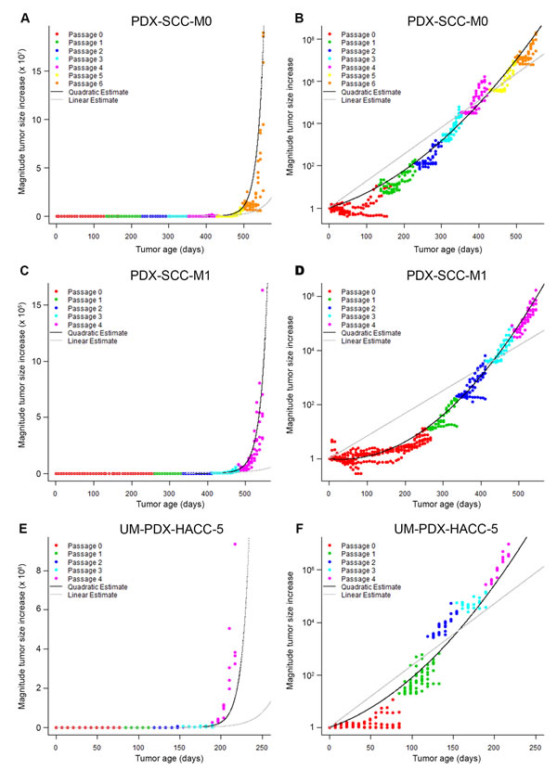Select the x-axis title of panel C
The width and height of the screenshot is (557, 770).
pos(158,502)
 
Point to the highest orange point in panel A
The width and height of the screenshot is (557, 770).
pos(264,33)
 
